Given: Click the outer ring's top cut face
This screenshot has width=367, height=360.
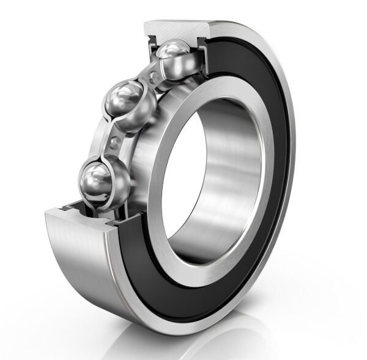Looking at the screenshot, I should [177, 28].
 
